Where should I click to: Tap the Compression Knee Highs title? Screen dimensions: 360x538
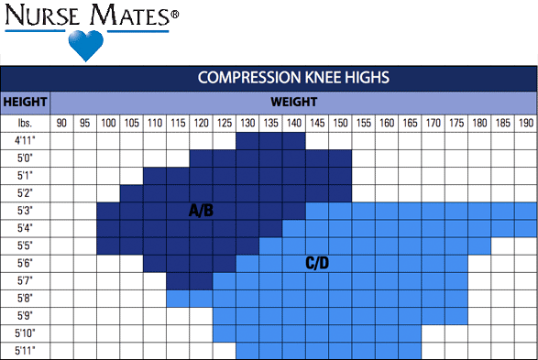tap(293, 77)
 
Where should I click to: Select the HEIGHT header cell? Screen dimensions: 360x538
tap(25, 101)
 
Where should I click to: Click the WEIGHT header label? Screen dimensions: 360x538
tap(293, 101)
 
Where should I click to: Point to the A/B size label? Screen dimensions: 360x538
tap(201, 211)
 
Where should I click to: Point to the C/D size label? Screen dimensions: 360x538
tap(317, 263)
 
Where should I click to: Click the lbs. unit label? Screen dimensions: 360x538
tap(25, 123)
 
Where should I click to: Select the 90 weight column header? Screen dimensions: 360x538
tap(62, 123)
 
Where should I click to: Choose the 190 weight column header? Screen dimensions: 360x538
tap(526, 123)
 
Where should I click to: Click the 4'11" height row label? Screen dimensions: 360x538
tap(25, 141)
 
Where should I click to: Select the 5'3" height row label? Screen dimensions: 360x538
tap(25, 211)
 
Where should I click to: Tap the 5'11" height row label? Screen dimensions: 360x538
tap(25, 351)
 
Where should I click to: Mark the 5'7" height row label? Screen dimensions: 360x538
tap(25, 281)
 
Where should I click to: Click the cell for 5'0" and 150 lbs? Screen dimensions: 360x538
tap(340, 158)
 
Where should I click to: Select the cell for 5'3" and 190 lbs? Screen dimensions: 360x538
tap(526, 211)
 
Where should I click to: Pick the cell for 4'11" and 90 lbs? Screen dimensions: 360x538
tap(62, 141)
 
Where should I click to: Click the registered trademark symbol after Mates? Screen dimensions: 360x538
tap(174, 15)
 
